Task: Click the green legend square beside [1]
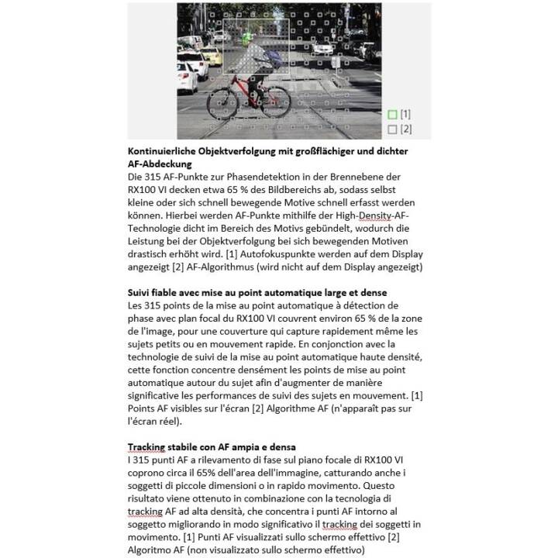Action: [x=392, y=115]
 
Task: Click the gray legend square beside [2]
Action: [x=392, y=129]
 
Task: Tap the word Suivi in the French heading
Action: [x=141, y=293]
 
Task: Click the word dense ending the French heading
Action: [x=370, y=293]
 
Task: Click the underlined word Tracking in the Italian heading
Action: [x=147, y=448]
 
